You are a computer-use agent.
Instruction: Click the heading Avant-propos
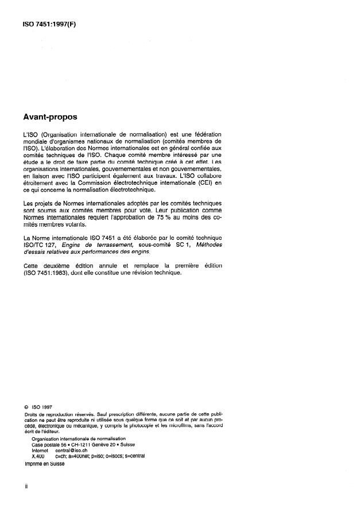[48, 116]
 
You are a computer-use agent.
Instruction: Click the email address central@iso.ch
[71, 450]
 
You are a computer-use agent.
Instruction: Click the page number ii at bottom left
[26, 485]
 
